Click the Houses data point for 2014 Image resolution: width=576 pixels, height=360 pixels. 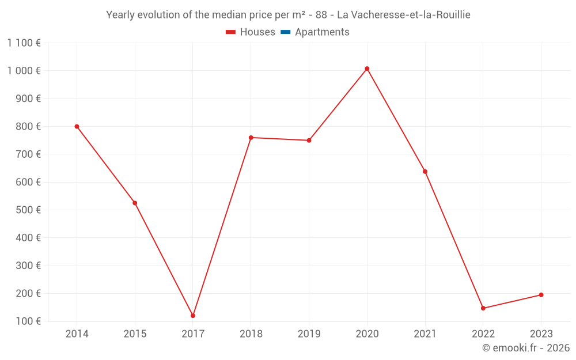coord(77,127)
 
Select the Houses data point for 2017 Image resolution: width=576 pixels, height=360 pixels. coord(193,316)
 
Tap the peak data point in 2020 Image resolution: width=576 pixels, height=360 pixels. coord(367,69)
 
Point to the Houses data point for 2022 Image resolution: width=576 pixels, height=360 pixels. coord(483,308)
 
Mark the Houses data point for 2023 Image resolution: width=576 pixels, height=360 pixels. coord(541,295)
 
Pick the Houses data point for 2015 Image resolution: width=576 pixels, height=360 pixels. coord(135,203)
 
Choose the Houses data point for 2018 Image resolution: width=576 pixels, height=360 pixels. coord(251,138)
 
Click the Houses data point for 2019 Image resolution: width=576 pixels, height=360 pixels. coord(309,141)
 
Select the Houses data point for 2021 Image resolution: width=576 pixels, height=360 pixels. coord(425,172)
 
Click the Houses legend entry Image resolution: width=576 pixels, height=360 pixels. coord(251,32)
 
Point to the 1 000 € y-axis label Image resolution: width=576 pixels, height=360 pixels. coord(24,71)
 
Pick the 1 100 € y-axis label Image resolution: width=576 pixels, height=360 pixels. coord(24,43)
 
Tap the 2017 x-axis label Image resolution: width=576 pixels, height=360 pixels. coord(193,334)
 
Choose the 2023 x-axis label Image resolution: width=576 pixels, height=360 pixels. coord(541,334)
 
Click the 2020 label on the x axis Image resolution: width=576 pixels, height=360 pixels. coord(367,334)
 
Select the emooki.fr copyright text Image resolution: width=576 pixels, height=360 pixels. coord(526,348)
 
